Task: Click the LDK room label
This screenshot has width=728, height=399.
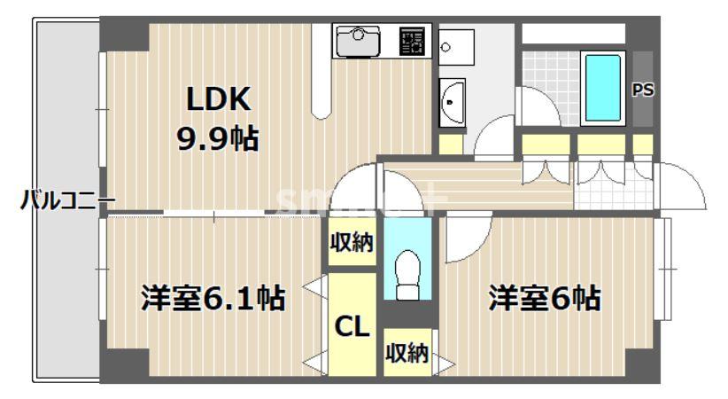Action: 218,99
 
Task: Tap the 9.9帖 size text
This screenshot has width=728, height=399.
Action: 218,137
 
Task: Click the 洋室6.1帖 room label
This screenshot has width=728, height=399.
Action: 213,298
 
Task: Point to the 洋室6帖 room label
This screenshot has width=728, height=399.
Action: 546,298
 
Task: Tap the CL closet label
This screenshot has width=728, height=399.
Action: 352,327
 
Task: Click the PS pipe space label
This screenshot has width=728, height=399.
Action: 642,90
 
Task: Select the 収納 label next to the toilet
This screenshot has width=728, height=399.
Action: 352,242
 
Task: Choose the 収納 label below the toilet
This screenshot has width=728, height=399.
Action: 407,354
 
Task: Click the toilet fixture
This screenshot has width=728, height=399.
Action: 408,275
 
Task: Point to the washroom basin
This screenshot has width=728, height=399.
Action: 452,102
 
